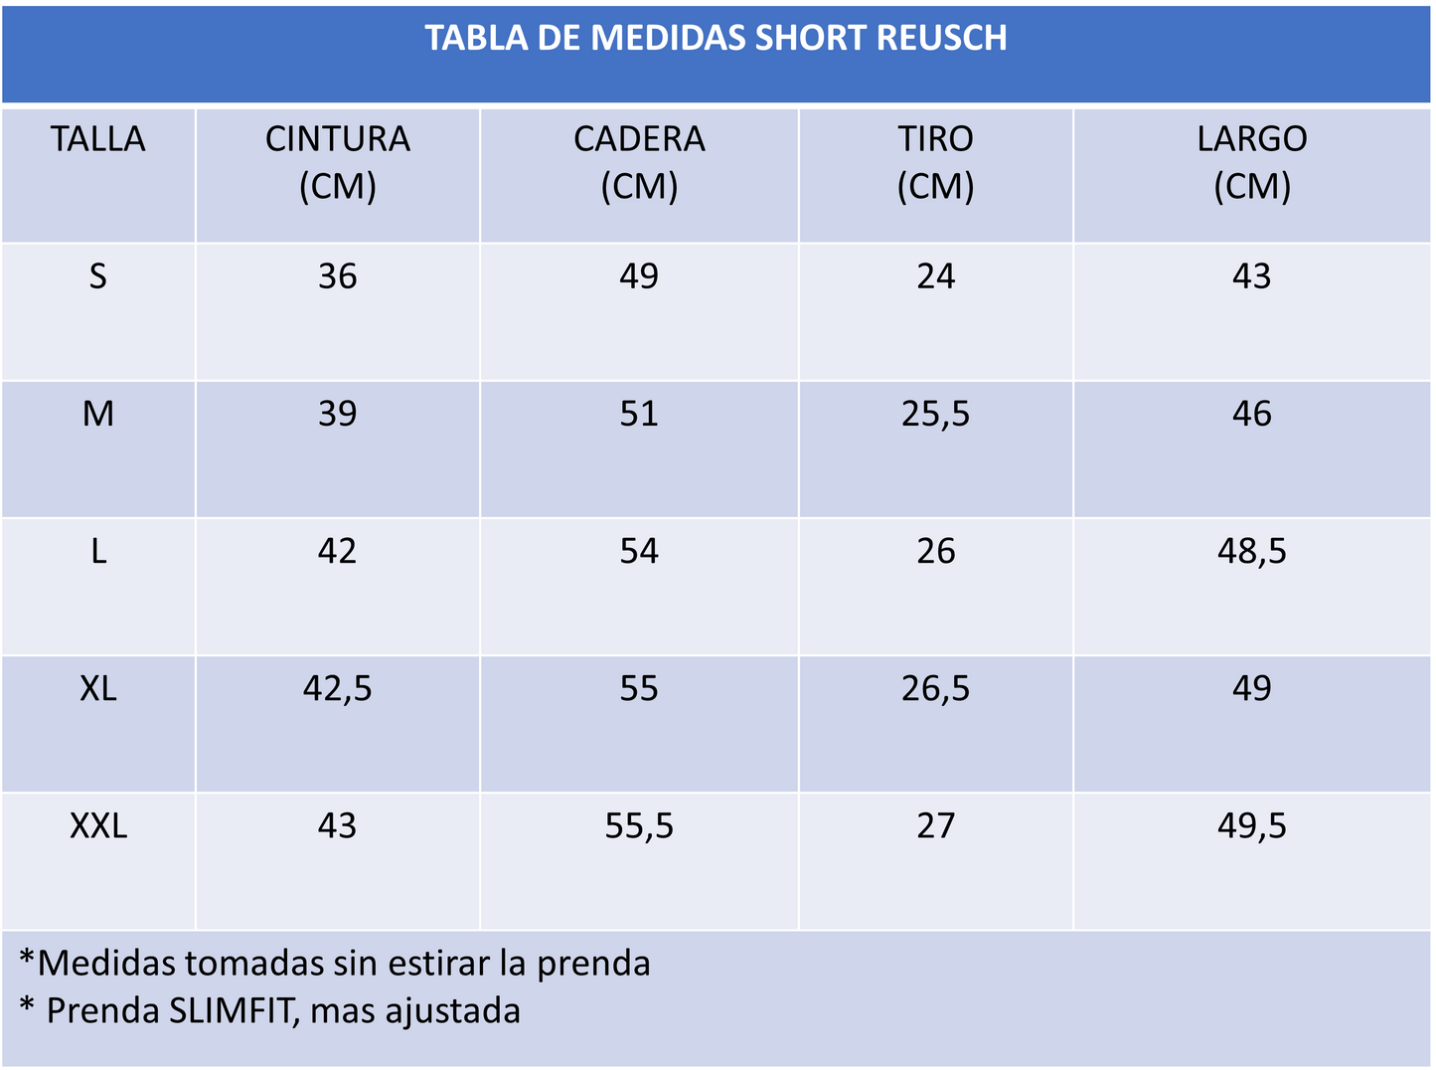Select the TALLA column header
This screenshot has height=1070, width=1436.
97,139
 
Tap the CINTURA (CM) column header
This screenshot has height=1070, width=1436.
337,162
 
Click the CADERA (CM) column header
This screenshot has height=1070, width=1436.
639,162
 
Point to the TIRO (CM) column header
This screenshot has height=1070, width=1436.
935,162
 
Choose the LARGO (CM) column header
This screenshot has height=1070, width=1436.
1251,162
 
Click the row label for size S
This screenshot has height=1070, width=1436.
97,276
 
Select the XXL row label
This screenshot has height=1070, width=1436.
97,826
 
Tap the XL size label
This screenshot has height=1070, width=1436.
97,688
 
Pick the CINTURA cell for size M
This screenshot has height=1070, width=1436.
337,414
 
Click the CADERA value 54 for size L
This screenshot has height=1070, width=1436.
639,551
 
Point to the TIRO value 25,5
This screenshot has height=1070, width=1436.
935,414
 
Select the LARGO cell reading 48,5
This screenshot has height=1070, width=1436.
1251,551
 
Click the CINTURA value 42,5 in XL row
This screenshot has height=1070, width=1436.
337,688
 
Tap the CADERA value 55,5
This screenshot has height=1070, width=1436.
639,826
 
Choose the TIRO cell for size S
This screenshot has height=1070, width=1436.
935,276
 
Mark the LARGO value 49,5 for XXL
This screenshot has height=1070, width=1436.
1251,826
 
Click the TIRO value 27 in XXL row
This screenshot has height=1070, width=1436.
935,826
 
